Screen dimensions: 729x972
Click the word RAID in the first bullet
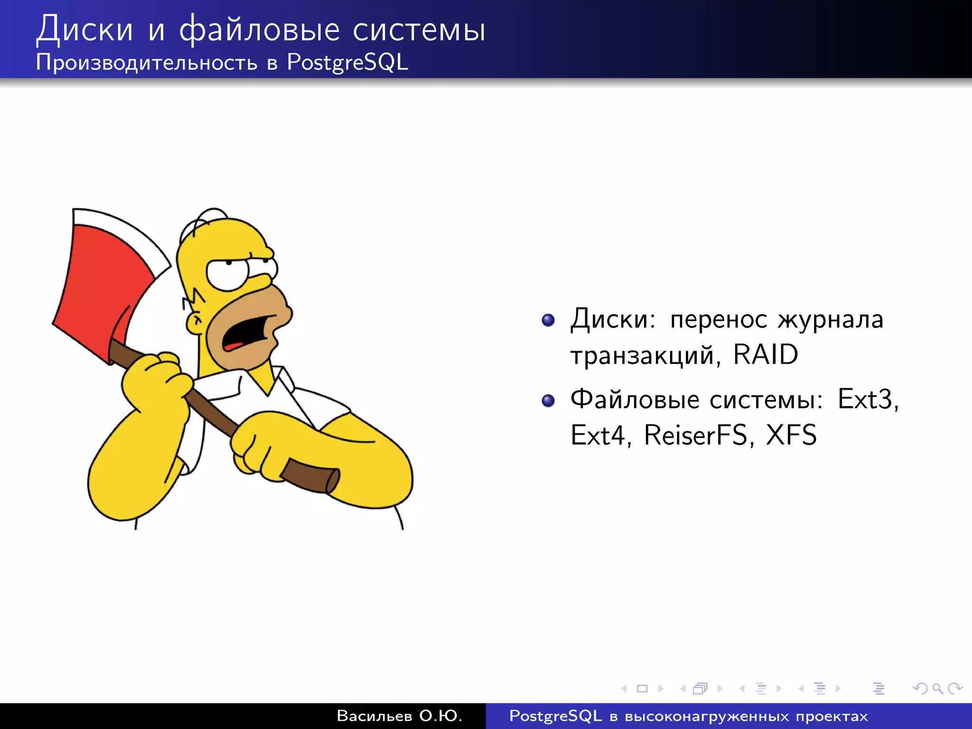[x=765, y=355]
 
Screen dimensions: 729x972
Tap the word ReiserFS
[x=695, y=435]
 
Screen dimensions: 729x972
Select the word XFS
[x=791, y=435]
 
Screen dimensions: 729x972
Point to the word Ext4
[x=598, y=435]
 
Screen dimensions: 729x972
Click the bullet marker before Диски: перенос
[x=548, y=320]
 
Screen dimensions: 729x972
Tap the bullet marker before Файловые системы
[x=548, y=401]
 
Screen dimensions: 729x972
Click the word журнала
[x=830, y=319]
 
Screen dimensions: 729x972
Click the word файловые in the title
[x=259, y=29]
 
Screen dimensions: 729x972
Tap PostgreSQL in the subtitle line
[x=347, y=62]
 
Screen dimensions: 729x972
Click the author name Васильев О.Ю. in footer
[x=399, y=716]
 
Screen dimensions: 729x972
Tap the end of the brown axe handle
[x=331, y=480]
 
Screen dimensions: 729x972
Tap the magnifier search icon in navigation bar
[x=937, y=688]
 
